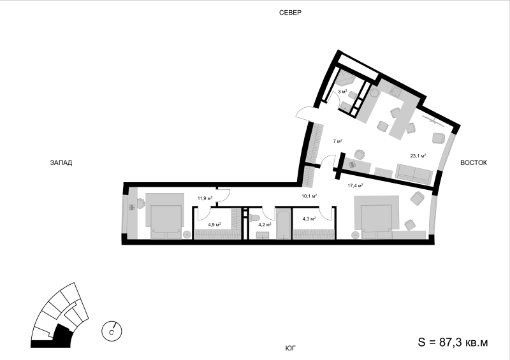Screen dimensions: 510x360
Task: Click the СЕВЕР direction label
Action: pos(291,13)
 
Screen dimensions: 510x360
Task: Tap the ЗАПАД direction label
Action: pos(61,162)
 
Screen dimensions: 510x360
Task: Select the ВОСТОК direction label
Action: pos(474,162)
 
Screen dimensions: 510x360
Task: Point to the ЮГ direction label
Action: pos(291,349)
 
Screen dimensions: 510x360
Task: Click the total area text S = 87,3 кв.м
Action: pos(453,342)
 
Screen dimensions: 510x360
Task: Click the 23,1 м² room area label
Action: pos(418,155)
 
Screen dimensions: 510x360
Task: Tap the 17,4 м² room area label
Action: pos(355,185)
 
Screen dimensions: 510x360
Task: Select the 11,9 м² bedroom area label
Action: pos(205,198)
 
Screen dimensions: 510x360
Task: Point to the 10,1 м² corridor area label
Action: pos(309,196)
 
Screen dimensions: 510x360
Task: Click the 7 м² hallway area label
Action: pos(337,141)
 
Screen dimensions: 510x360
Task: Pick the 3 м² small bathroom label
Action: pos(343,91)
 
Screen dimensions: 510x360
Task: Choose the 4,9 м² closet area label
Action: pos(215,224)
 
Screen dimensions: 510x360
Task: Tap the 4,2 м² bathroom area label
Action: pos(265,224)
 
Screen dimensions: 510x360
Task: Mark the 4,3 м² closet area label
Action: pos(309,219)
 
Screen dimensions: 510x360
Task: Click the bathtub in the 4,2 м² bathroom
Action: pos(284,224)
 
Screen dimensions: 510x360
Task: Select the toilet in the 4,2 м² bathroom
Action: pos(254,217)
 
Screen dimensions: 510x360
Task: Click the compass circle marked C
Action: pos(112,331)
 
